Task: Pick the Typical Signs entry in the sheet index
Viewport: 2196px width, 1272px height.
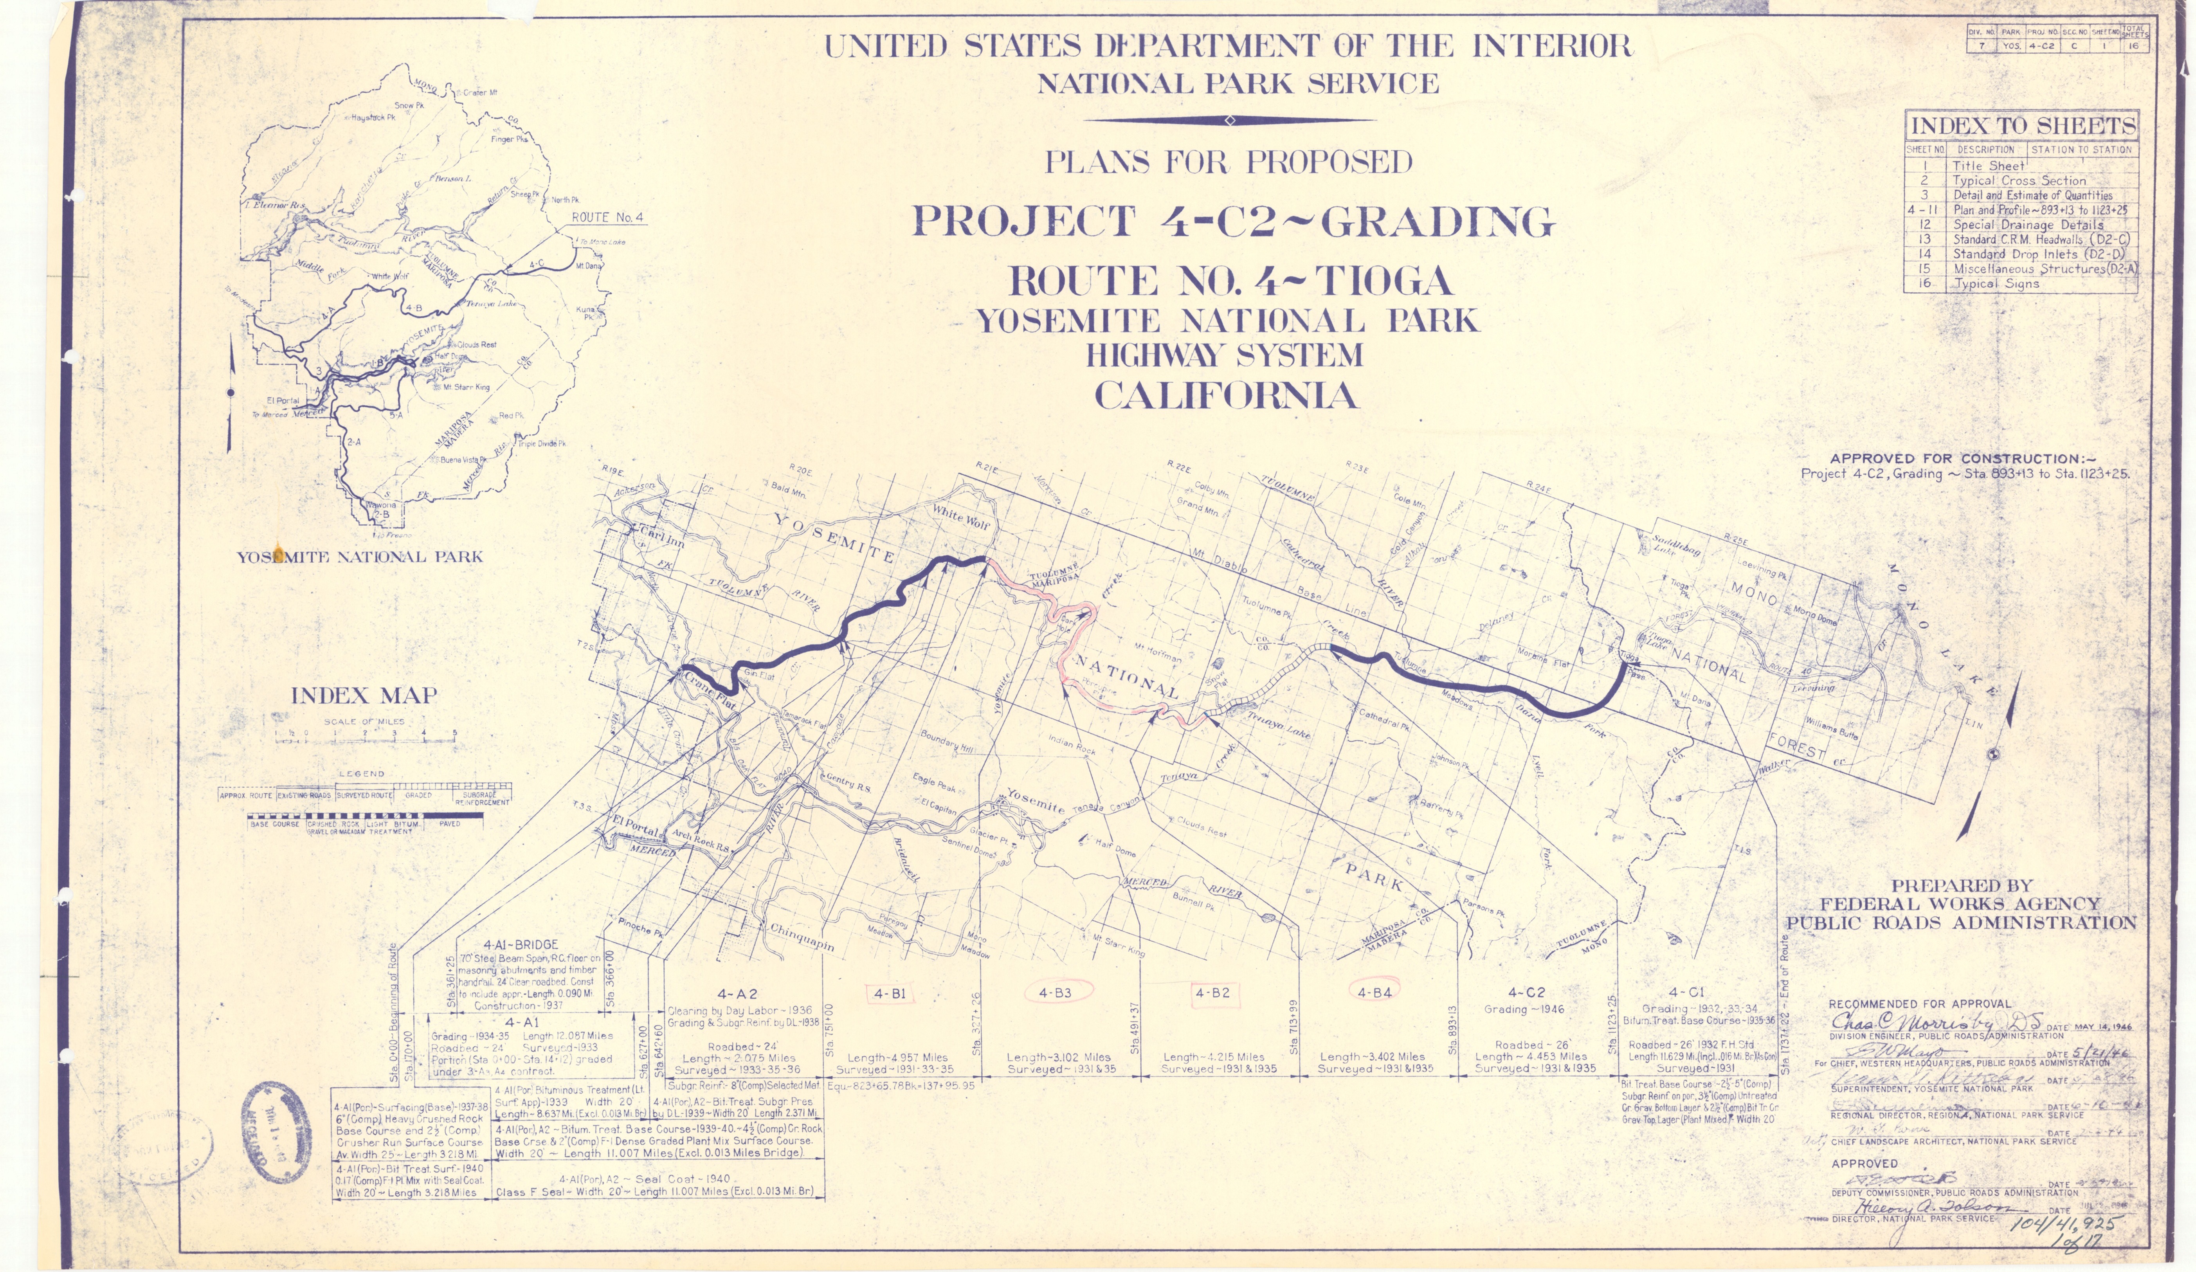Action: pos(1996,283)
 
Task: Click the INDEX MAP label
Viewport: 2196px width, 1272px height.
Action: pos(363,695)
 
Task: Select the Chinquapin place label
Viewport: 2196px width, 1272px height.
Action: pos(801,937)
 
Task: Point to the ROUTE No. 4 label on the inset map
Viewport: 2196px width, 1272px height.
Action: pos(607,217)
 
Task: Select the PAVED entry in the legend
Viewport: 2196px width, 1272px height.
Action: pos(450,823)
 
